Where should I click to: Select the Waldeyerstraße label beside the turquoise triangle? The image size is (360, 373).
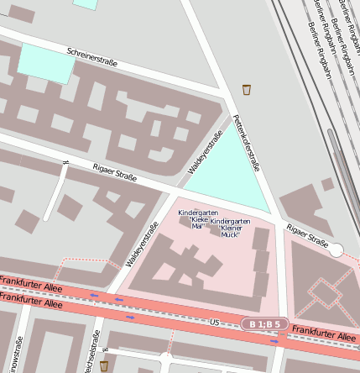[205, 153]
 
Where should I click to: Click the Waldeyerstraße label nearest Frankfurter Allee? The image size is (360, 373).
[142, 244]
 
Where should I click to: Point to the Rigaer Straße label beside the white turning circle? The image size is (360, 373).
[307, 236]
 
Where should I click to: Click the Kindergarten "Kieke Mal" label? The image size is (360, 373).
[195, 218]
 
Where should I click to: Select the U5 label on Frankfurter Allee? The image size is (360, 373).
[214, 322]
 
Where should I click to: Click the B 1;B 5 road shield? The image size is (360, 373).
[265, 323]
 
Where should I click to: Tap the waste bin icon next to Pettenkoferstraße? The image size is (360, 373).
[247, 89]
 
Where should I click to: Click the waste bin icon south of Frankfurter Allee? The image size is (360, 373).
[104, 366]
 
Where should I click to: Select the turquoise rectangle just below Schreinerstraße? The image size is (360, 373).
[45, 61]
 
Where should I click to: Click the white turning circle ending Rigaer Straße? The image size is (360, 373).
[336, 250]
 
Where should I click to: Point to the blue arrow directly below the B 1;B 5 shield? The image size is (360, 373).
[274, 341]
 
